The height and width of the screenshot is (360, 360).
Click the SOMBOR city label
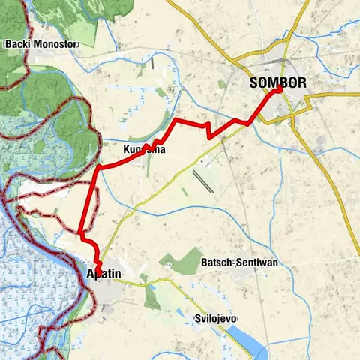click(x=278, y=83)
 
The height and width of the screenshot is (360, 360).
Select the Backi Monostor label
click(x=41, y=44)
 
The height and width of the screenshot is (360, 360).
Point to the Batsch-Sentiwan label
click(x=235, y=262)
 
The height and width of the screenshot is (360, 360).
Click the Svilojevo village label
click(x=215, y=319)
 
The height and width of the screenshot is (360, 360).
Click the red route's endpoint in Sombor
click(x=280, y=89)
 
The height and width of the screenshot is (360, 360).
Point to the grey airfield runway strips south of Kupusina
click(x=203, y=181)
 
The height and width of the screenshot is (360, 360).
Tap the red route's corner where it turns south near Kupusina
click(x=97, y=168)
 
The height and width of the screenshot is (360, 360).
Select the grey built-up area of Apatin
click(x=112, y=289)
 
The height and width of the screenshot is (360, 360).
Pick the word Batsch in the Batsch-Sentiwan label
click(x=216, y=262)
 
